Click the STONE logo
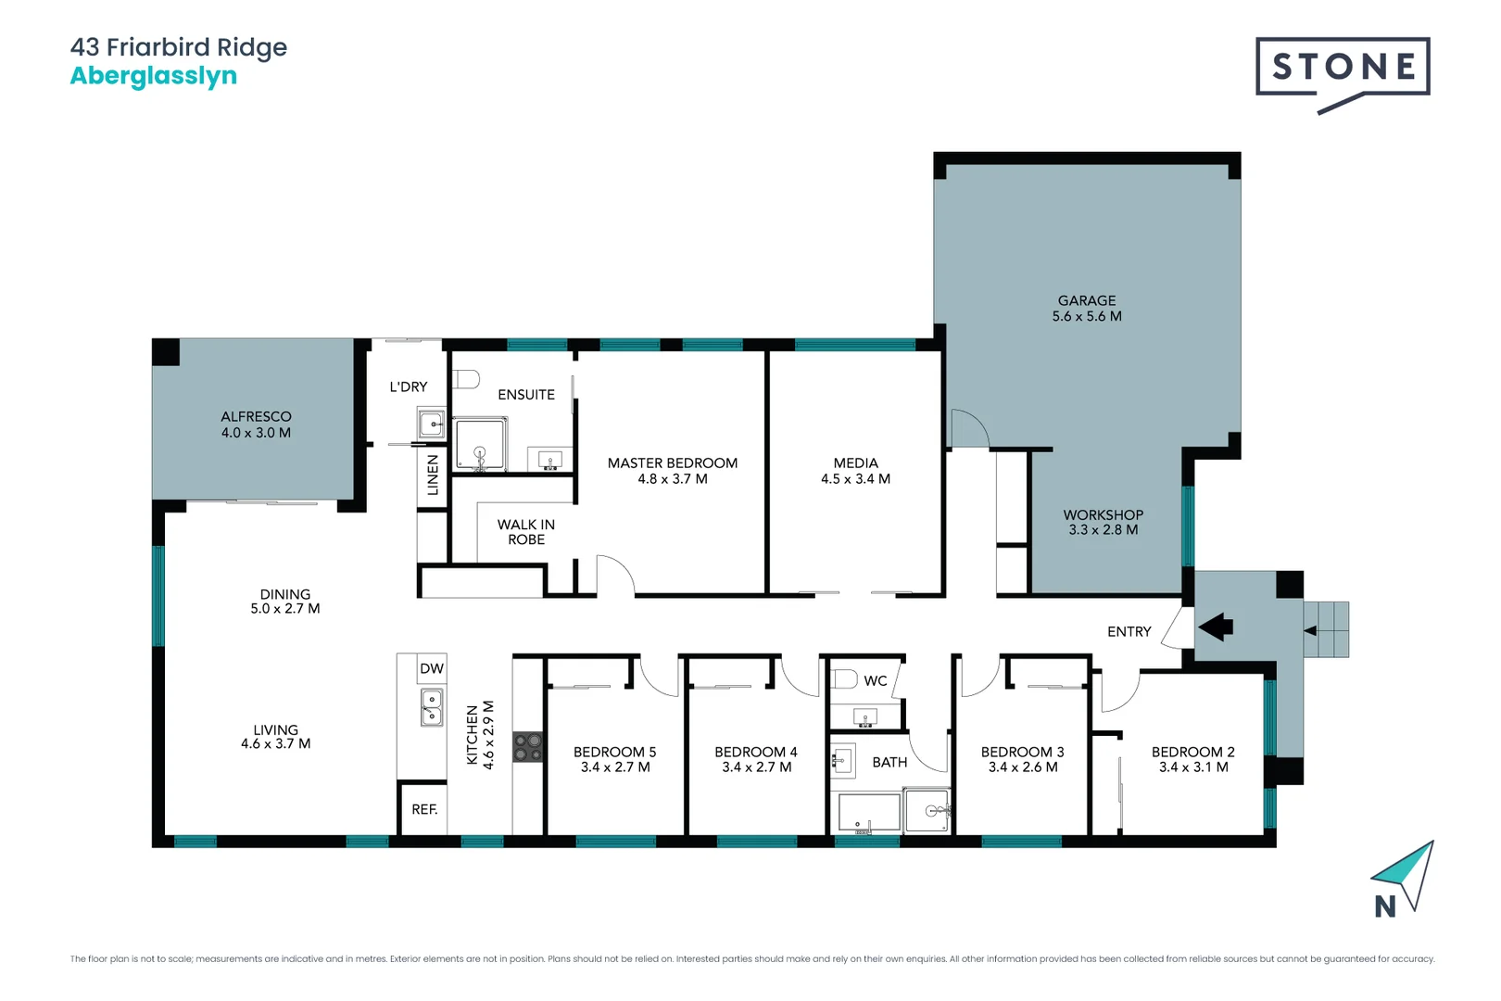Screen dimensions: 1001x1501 click(1343, 67)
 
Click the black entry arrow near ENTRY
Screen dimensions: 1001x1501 click(1216, 627)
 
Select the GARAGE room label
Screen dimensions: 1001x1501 click(1087, 301)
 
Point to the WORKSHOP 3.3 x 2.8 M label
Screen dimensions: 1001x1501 click(1103, 522)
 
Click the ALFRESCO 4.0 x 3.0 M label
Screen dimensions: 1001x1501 click(256, 424)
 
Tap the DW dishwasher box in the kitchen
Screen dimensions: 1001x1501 click(432, 668)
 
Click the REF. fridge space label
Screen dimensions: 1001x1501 click(424, 809)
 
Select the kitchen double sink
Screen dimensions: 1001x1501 click(432, 707)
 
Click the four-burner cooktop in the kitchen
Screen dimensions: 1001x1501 click(528, 747)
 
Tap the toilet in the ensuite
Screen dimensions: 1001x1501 click(465, 379)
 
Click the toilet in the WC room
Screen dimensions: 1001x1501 click(844, 679)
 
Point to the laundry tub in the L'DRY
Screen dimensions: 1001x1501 click(432, 425)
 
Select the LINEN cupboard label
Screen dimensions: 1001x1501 click(433, 475)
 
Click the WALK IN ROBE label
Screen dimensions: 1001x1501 click(526, 532)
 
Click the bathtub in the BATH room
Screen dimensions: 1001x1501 click(868, 813)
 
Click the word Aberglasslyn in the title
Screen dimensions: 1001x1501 click(154, 76)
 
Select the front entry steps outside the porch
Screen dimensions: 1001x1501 click(1327, 629)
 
